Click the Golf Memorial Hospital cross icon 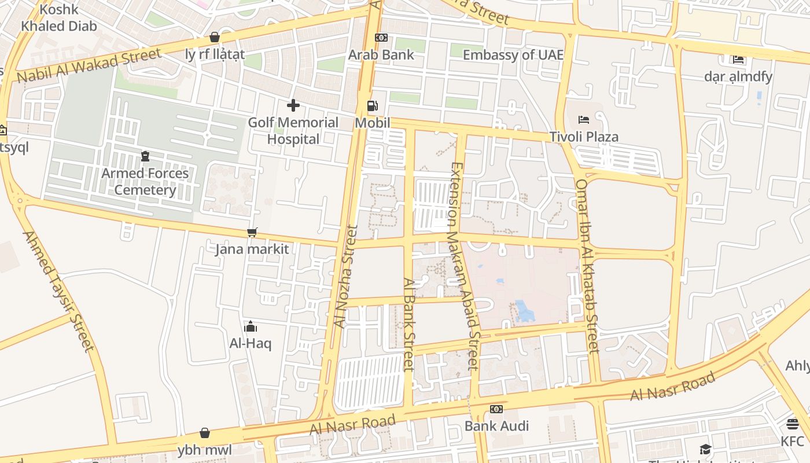pyautogui.click(x=293, y=105)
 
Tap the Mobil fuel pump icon pyautogui.click(x=373, y=106)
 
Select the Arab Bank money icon pyautogui.click(x=381, y=38)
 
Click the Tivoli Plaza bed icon pyautogui.click(x=584, y=120)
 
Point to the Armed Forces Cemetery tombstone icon pyautogui.click(x=145, y=156)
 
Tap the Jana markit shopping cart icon pyautogui.click(x=252, y=232)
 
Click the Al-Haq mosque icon pyautogui.click(x=250, y=326)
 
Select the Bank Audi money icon pyautogui.click(x=496, y=409)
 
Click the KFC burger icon pyautogui.click(x=792, y=424)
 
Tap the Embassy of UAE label pyautogui.click(x=513, y=55)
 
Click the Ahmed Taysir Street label pyautogui.click(x=58, y=291)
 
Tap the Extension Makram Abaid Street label pyautogui.click(x=465, y=266)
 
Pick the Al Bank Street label pyautogui.click(x=409, y=324)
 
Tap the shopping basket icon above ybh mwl pyautogui.click(x=204, y=433)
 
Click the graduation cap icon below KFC pyautogui.click(x=705, y=450)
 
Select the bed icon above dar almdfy pyautogui.click(x=738, y=59)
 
